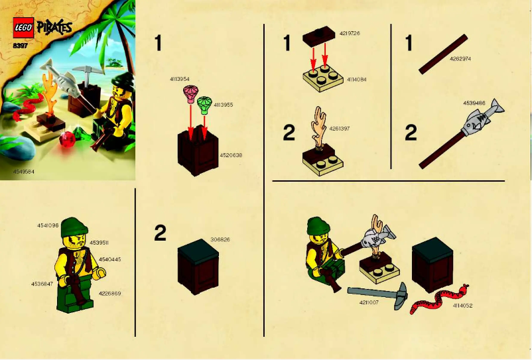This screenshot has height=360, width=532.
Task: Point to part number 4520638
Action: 230,155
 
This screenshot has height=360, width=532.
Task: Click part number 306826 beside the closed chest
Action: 220,239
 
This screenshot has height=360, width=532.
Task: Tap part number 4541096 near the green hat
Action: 48,225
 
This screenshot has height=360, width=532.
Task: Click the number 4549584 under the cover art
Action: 24,172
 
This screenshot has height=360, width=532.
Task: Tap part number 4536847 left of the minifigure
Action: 42,283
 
